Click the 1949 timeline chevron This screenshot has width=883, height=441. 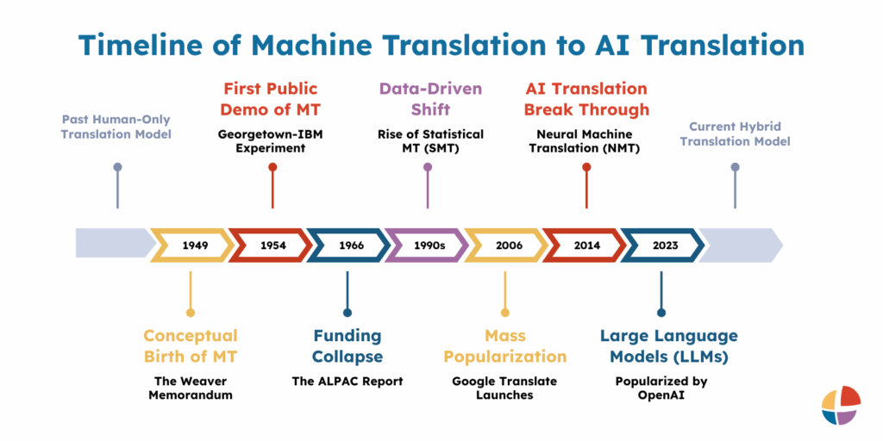(194, 245)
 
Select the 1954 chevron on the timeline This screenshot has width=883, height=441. (272, 245)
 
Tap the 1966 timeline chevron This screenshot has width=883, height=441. (350, 245)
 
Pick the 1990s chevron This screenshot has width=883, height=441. (428, 245)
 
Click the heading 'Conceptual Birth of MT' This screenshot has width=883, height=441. (190, 346)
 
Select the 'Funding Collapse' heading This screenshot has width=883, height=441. (348, 346)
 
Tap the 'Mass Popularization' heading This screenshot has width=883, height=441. (505, 346)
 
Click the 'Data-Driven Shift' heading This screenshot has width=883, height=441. (430, 99)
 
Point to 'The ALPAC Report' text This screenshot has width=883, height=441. (348, 382)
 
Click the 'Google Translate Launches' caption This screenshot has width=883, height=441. (505, 388)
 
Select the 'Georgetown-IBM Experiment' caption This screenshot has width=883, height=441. (271, 141)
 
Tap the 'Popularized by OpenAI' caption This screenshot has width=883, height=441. (662, 388)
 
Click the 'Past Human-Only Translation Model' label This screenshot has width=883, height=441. (116, 127)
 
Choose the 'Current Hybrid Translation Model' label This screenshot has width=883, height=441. (735, 134)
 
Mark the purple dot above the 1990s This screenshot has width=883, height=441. (428, 167)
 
